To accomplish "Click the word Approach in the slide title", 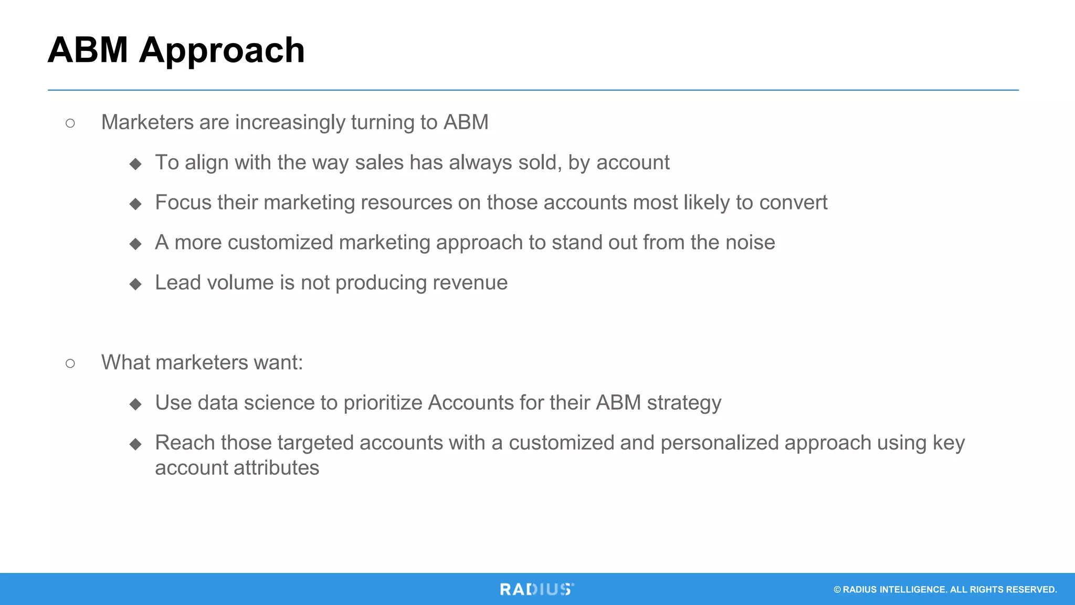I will pyautogui.click(x=222, y=51).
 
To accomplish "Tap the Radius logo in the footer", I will pyautogui.click(x=536, y=589).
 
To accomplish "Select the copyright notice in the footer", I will pyautogui.click(x=945, y=590).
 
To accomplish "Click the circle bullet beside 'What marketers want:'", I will pyautogui.click(x=70, y=363).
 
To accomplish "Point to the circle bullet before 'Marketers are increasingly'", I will pyautogui.click(x=70, y=123).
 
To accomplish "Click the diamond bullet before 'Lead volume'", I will pyautogui.click(x=136, y=284).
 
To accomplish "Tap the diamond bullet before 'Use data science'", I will pyautogui.click(x=136, y=404).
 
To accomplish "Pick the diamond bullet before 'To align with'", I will pyautogui.click(x=136, y=164).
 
